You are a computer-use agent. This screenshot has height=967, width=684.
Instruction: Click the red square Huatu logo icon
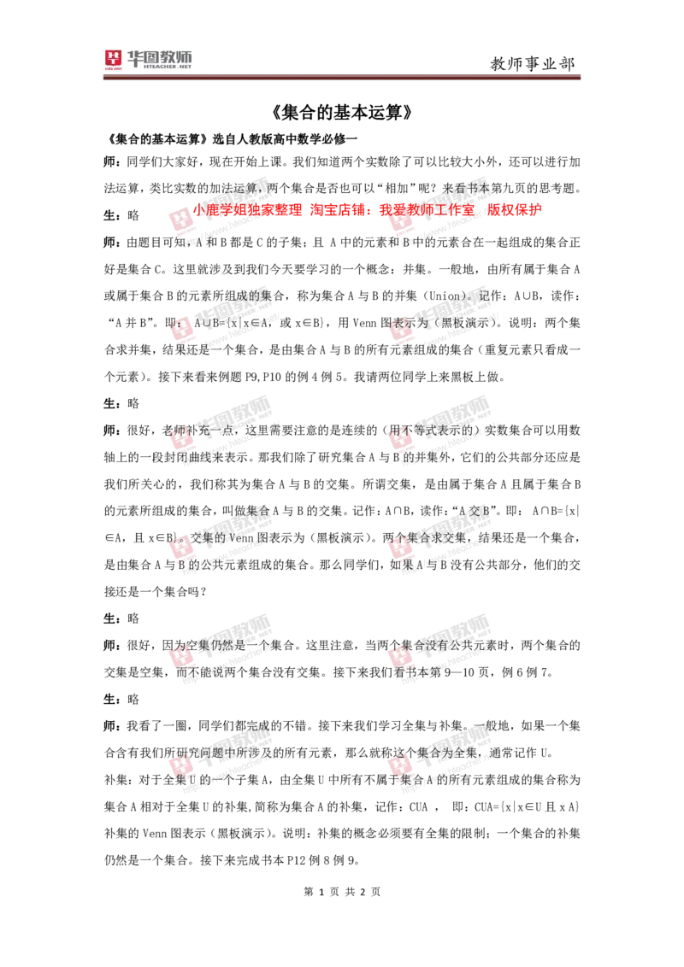[113, 59]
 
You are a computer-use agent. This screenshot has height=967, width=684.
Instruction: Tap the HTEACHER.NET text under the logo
[168, 67]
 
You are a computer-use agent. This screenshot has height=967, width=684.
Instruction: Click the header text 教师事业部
[533, 63]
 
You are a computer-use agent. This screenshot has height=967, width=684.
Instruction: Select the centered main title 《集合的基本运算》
[341, 112]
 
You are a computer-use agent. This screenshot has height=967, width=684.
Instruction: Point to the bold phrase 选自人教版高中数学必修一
[285, 138]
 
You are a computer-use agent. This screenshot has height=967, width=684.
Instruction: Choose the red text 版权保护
[514, 209]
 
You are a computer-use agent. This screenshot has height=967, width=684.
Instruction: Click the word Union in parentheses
[445, 296]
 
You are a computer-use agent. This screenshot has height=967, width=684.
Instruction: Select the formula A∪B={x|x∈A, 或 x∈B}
[259, 323]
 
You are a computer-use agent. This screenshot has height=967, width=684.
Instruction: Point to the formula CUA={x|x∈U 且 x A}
[527, 806]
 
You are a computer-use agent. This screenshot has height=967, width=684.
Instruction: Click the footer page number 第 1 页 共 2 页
[342, 892]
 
